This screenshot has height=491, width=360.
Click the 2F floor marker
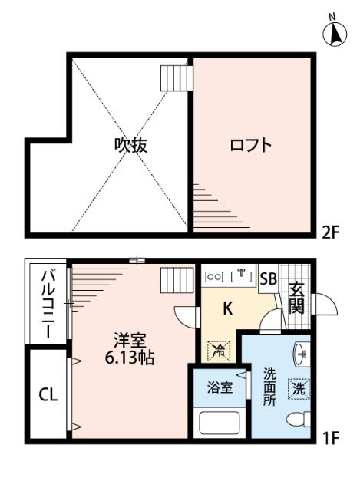pos(330,232)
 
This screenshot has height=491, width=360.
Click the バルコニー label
pos(47,304)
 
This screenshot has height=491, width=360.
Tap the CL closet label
pos(48,395)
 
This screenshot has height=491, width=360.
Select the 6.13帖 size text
pos(127,358)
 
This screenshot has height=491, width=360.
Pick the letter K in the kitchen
pos(227,309)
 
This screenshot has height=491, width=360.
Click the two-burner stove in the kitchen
pos(214,276)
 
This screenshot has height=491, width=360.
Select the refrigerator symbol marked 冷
pos(218,350)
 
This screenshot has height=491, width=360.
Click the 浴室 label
pos(218,388)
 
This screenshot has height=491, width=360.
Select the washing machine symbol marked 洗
pos(297,388)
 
